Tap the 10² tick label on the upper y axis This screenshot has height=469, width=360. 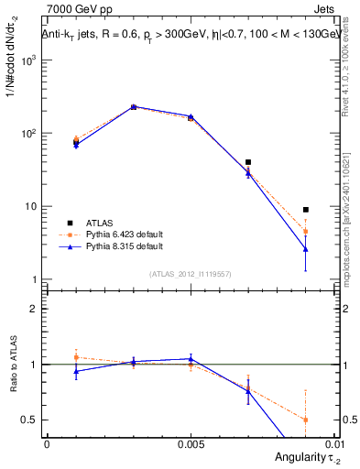(x=29, y=134)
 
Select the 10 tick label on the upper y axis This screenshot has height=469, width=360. (x=31, y=207)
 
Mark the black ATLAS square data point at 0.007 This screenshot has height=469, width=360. (x=248, y=162)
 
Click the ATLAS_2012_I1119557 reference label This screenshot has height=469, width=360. (x=191, y=274)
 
